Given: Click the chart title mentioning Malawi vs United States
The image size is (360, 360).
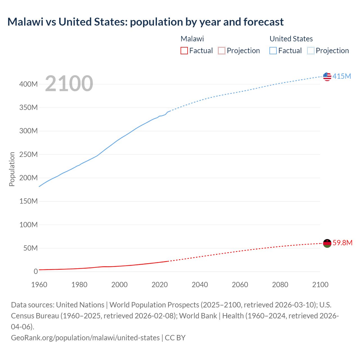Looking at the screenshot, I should [145, 22].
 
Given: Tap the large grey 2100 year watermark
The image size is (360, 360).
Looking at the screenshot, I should [69, 84].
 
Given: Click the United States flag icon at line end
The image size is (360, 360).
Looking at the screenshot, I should [327, 76].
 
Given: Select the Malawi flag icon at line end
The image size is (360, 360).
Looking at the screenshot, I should [327, 243].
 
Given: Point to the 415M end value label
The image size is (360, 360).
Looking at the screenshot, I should [342, 76].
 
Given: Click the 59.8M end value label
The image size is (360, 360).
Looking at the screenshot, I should [342, 243].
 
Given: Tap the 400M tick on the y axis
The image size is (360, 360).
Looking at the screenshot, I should [28, 84].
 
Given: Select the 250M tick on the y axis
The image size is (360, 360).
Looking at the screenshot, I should [28, 154].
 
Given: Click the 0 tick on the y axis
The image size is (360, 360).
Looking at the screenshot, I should [36, 271].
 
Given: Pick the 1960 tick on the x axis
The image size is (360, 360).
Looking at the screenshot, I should [39, 285].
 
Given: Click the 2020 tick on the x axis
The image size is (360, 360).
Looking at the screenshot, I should [159, 285].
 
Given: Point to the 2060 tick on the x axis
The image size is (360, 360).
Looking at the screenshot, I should [240, 285].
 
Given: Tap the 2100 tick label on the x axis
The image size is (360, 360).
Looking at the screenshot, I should [320, 285].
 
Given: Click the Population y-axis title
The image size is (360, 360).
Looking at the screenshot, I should [12, 169].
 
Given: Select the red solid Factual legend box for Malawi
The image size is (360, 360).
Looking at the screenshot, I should [184, 51].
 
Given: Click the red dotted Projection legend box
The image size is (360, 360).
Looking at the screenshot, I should [222, 51].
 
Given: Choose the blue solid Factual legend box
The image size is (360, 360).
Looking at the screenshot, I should [273, 51].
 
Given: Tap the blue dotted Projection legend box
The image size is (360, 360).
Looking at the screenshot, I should [310, 51].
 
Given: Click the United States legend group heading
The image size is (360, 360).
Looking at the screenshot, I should [291, 39].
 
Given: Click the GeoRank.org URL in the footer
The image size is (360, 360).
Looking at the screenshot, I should [85, 337].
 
